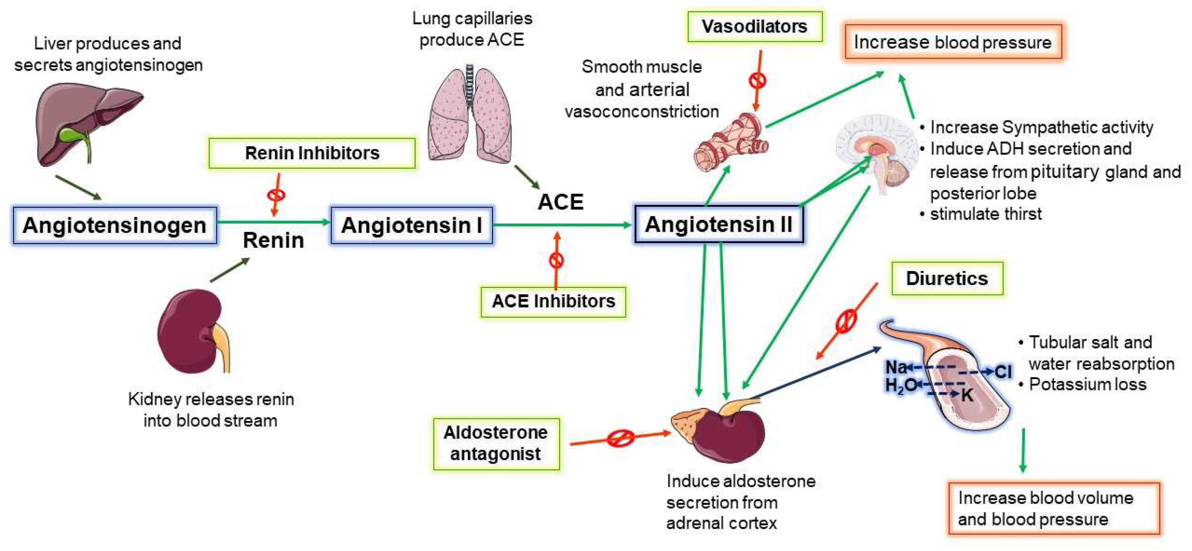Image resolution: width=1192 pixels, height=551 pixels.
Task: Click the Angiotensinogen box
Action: pyautogui.click(x=115, y=225)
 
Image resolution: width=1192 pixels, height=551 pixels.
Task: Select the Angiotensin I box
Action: pyautogui.click(x=411, y=225)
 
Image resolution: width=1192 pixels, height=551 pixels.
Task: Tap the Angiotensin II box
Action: pyautogui.click(x=719, y=224)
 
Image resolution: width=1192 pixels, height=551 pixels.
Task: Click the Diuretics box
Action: pyautogui.click(x=947, y=279)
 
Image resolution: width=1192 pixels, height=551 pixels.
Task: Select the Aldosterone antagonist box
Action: pyautogui.click(x=496, y=443)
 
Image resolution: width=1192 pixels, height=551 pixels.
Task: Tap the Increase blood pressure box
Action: pyautogui.click(x=953, y=42)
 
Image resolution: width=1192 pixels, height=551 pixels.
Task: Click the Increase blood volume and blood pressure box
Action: pyautogui.click(x=1054, y=509)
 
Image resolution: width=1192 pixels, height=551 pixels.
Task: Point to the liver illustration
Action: pyautogui.click(x=88, y=123)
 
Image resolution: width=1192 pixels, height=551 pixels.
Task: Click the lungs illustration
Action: pyautogui.click(x=470, y=116)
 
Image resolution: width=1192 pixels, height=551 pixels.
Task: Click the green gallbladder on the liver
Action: pyautogui.click(x=74, y=135)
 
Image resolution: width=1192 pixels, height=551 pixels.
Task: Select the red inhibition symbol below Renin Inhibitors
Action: pyautogui.click(x=276, y=195)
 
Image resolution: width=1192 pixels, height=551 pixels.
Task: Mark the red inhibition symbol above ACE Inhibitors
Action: pyautogui.click(x=556, y=260)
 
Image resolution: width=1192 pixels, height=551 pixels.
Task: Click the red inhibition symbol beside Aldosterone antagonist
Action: pyautogui.click(x=620, y=438)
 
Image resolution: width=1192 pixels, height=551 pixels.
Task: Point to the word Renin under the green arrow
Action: pyautogui.click(x=273, y=240)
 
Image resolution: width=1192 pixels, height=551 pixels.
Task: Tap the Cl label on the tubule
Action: pyautogui.click(x=1003, y=372)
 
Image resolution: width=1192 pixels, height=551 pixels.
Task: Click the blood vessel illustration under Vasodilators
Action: pyautogui.click(x=731, y=143)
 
